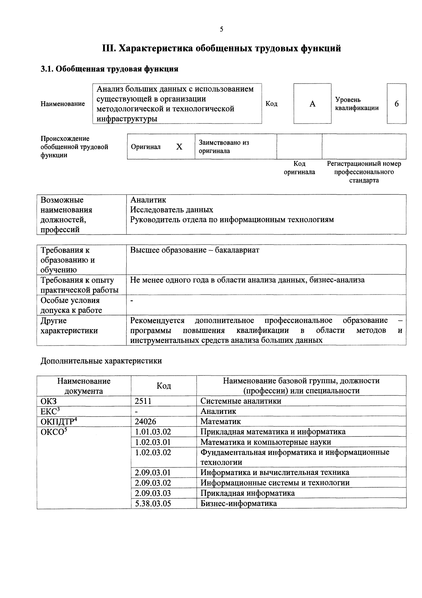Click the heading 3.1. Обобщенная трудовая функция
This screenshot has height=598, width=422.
coord(109,69)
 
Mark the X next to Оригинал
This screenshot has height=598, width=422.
coord(179,147)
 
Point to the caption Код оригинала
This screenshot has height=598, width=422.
coord(299,168)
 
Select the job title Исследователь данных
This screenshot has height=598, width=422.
coord(172,210)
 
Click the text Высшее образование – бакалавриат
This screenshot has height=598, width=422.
coord(194,250)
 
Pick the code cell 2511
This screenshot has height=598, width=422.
coord(143,401)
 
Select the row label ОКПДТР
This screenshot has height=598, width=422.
coord(59,421)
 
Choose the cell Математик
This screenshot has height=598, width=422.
coord(221,421)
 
